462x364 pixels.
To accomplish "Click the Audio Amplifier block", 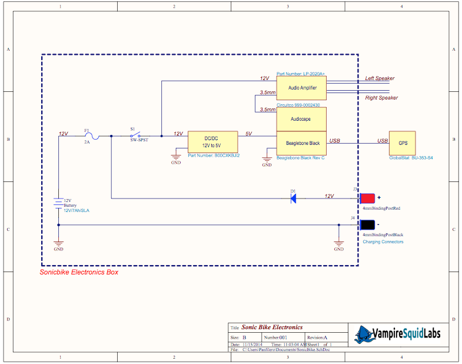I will coord(301,88).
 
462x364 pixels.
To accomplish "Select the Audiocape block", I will coord(301,118).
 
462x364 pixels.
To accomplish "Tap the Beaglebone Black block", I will coord(301,143).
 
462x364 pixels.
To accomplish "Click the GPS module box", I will coord(402,143).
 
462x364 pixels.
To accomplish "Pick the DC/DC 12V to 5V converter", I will coord(212,141).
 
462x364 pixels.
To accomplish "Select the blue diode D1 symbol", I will coord(293,198).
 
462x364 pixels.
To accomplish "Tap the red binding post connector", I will coord(368,198).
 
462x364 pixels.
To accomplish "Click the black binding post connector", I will coord(368,225).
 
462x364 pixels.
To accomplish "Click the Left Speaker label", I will coord(380,78).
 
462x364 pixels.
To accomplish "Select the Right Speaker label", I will coord(381,98).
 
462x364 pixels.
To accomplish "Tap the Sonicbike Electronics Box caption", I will coord(79,272).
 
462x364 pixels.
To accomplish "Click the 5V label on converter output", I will coord(248,134).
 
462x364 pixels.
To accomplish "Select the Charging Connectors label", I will coord(383,242).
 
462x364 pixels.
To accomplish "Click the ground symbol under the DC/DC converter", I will coord(175,157).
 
